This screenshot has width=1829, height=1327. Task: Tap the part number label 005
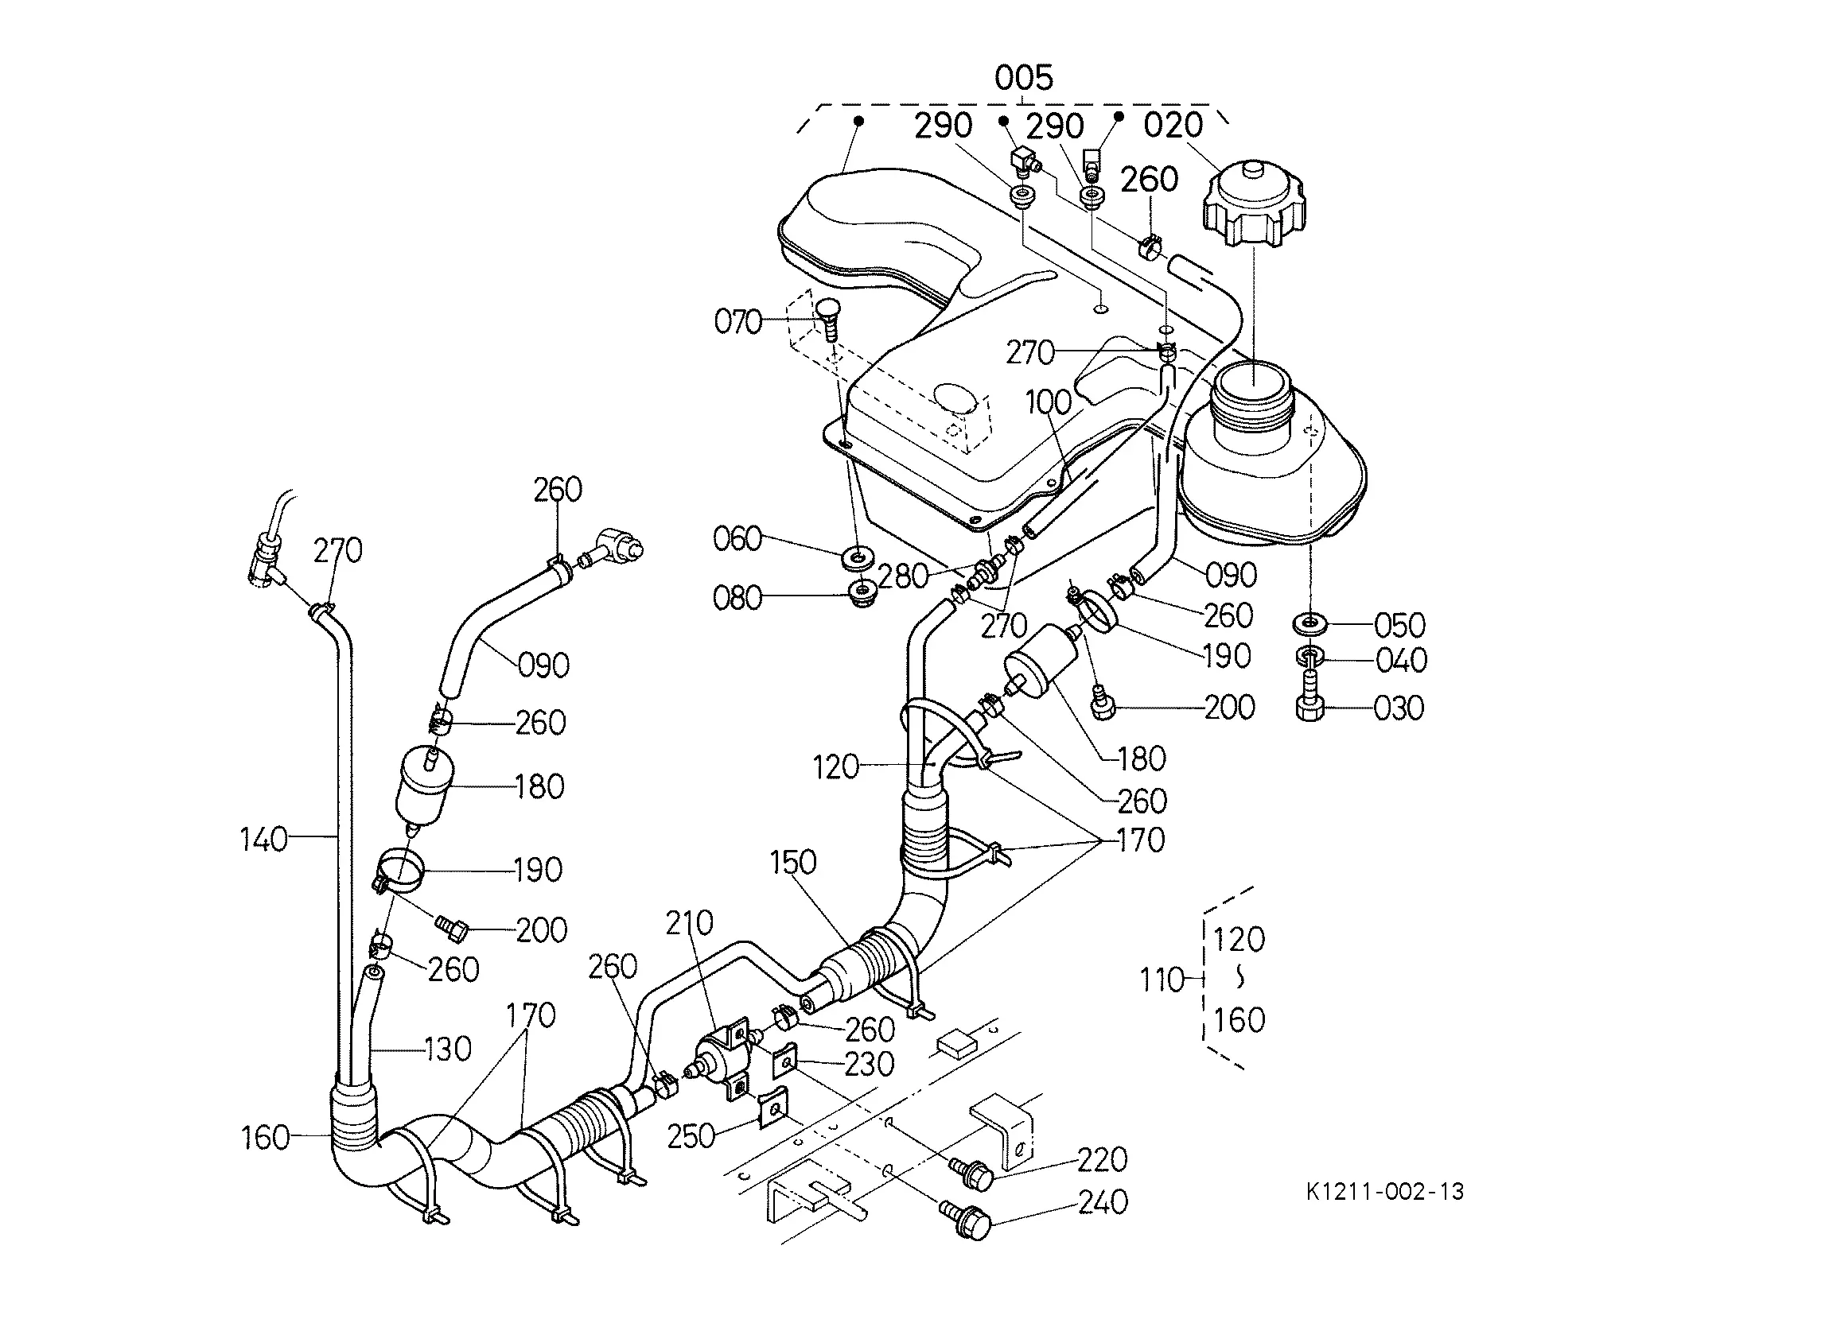(x=1023, y=78)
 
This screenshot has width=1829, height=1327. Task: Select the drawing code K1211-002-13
(x=1384, y=1191)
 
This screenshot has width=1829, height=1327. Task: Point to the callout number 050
(x=1400, y=625)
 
